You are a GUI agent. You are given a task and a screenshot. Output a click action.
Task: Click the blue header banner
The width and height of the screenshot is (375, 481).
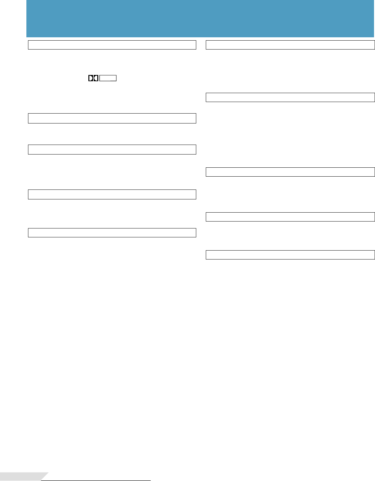[200, 18]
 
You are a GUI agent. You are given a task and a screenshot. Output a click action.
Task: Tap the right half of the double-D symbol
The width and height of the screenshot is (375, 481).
[96, 78]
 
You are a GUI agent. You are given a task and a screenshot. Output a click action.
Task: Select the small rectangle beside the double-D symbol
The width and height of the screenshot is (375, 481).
[108, 78]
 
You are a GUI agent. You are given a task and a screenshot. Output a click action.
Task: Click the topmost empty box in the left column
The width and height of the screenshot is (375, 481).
[112, 45]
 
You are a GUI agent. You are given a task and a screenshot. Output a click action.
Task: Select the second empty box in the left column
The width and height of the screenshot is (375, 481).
[112, 118]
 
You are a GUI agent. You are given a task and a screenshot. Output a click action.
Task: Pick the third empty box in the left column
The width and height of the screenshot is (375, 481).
[112, 150]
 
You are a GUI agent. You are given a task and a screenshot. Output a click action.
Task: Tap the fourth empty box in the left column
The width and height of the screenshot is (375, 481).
[112, 194]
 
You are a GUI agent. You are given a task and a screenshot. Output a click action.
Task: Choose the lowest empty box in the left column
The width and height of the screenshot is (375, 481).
[112, 233]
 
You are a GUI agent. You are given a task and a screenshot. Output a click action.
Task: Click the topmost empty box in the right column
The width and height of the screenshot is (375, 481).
[290, 45]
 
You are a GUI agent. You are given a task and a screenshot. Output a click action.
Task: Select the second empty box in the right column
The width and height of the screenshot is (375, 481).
[290, 97]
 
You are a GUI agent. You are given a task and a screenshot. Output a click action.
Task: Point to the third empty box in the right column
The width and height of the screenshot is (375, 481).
[290, 172]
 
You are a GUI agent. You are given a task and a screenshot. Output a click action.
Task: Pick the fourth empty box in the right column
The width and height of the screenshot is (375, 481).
[290, 217]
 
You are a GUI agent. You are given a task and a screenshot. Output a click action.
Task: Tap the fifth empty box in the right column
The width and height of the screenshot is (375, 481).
[290, 255]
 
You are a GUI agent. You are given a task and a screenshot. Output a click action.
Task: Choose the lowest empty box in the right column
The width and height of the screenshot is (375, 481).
[290, 255]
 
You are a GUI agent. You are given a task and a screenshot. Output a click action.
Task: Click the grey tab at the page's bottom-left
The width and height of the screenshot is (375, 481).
[20, 476]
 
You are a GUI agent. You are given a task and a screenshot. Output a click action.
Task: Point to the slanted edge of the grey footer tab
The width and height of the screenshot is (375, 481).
[45, 476]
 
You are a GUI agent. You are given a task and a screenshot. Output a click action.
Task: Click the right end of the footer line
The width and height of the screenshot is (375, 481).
[150, 480]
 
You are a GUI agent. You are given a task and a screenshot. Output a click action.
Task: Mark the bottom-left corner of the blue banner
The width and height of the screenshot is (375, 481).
[27, 36]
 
